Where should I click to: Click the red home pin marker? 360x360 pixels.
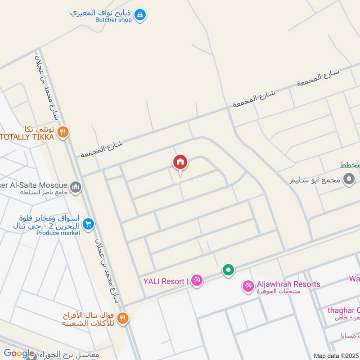click(180, 162)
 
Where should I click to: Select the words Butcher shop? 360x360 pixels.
click(113, 20)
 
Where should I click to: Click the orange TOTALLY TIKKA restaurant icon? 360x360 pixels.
click(63, 132)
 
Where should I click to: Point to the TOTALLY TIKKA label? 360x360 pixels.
click(27, 136)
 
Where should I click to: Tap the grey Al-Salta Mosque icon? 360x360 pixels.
click(76, 186)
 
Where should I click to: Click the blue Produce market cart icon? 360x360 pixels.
click(89, 224)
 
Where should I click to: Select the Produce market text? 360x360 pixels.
click(58, 233)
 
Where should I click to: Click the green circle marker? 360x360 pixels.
click(229, 270)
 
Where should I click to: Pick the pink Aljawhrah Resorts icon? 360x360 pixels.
click(248, 286)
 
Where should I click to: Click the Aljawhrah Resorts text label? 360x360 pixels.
click(288, 284)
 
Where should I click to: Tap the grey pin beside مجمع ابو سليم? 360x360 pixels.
click(349, 180)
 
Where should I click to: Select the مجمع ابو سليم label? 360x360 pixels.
click(315, 181)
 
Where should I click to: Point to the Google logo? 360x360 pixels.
click(19, 354)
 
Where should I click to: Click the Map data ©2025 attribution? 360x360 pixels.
click(336, 355)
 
